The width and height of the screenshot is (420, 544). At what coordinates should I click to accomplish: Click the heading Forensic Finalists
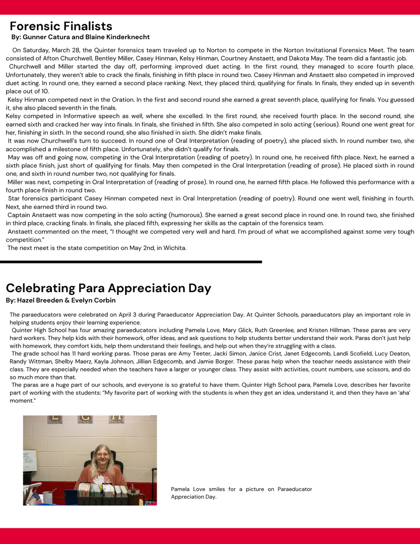[61, 26]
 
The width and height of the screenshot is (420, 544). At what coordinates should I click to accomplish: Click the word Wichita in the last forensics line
[174, 248]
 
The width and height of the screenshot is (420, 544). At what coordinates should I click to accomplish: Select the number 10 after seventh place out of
[45, 91]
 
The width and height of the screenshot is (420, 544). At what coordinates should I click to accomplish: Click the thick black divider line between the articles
[131, 262]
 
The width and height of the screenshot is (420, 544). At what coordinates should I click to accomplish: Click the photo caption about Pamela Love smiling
[241, 493]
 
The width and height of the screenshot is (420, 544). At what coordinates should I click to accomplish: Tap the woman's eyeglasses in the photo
[102, 454]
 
